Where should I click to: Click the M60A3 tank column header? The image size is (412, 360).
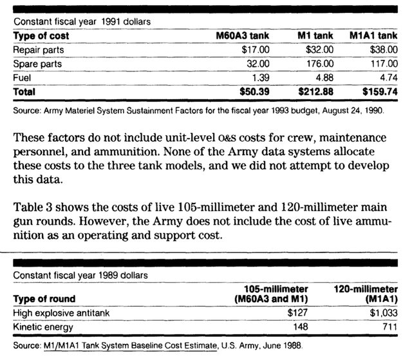(240, 36)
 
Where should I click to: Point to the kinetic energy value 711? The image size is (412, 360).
(389, 327)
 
